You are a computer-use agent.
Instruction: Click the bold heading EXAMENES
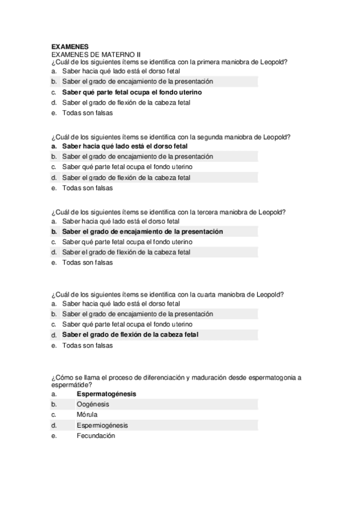[x=70, y=46]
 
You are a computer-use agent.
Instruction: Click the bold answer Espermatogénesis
[x=106, y=394]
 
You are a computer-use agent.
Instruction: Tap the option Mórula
[x=87, y=414]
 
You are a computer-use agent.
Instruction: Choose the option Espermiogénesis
[x=102, y=425]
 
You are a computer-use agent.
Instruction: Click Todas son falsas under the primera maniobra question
[x=87, y=112]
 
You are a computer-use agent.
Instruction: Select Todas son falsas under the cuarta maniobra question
[x=87, y=345]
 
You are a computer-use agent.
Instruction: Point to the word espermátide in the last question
[x=72, y=384]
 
